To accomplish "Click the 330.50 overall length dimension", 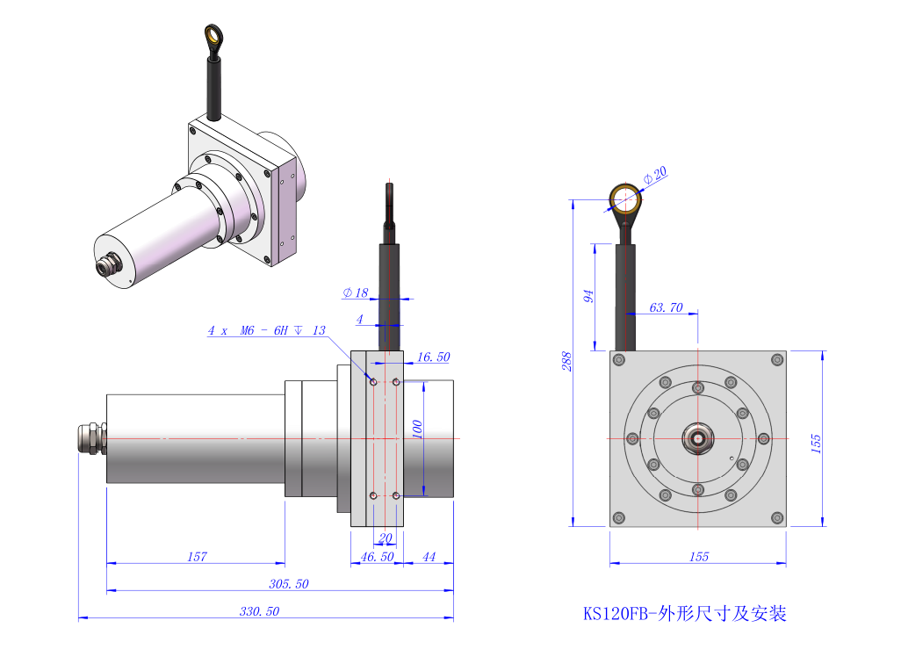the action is pos(259,611).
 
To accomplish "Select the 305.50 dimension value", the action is pos(288,583).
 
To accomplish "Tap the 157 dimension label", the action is pos(197,557).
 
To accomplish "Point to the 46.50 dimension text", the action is pos(377,557).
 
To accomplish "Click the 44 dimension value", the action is pos(429,557).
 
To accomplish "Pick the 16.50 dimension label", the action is pos(433,357).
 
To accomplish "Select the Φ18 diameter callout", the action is pos(355,292).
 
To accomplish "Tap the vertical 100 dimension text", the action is pos(417,429).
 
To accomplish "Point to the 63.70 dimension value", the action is pos(666,307).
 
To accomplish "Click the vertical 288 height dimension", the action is pos(566,361).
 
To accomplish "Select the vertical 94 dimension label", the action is pos(587,297).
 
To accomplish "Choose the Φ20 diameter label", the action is pos(655,175).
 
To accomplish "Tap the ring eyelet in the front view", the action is pos(625,199).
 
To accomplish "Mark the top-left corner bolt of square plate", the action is pos(619,360).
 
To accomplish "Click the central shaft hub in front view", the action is pos(697,438).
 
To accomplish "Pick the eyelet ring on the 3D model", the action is pos(213,36).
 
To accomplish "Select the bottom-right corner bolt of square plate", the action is pos(777,518).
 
